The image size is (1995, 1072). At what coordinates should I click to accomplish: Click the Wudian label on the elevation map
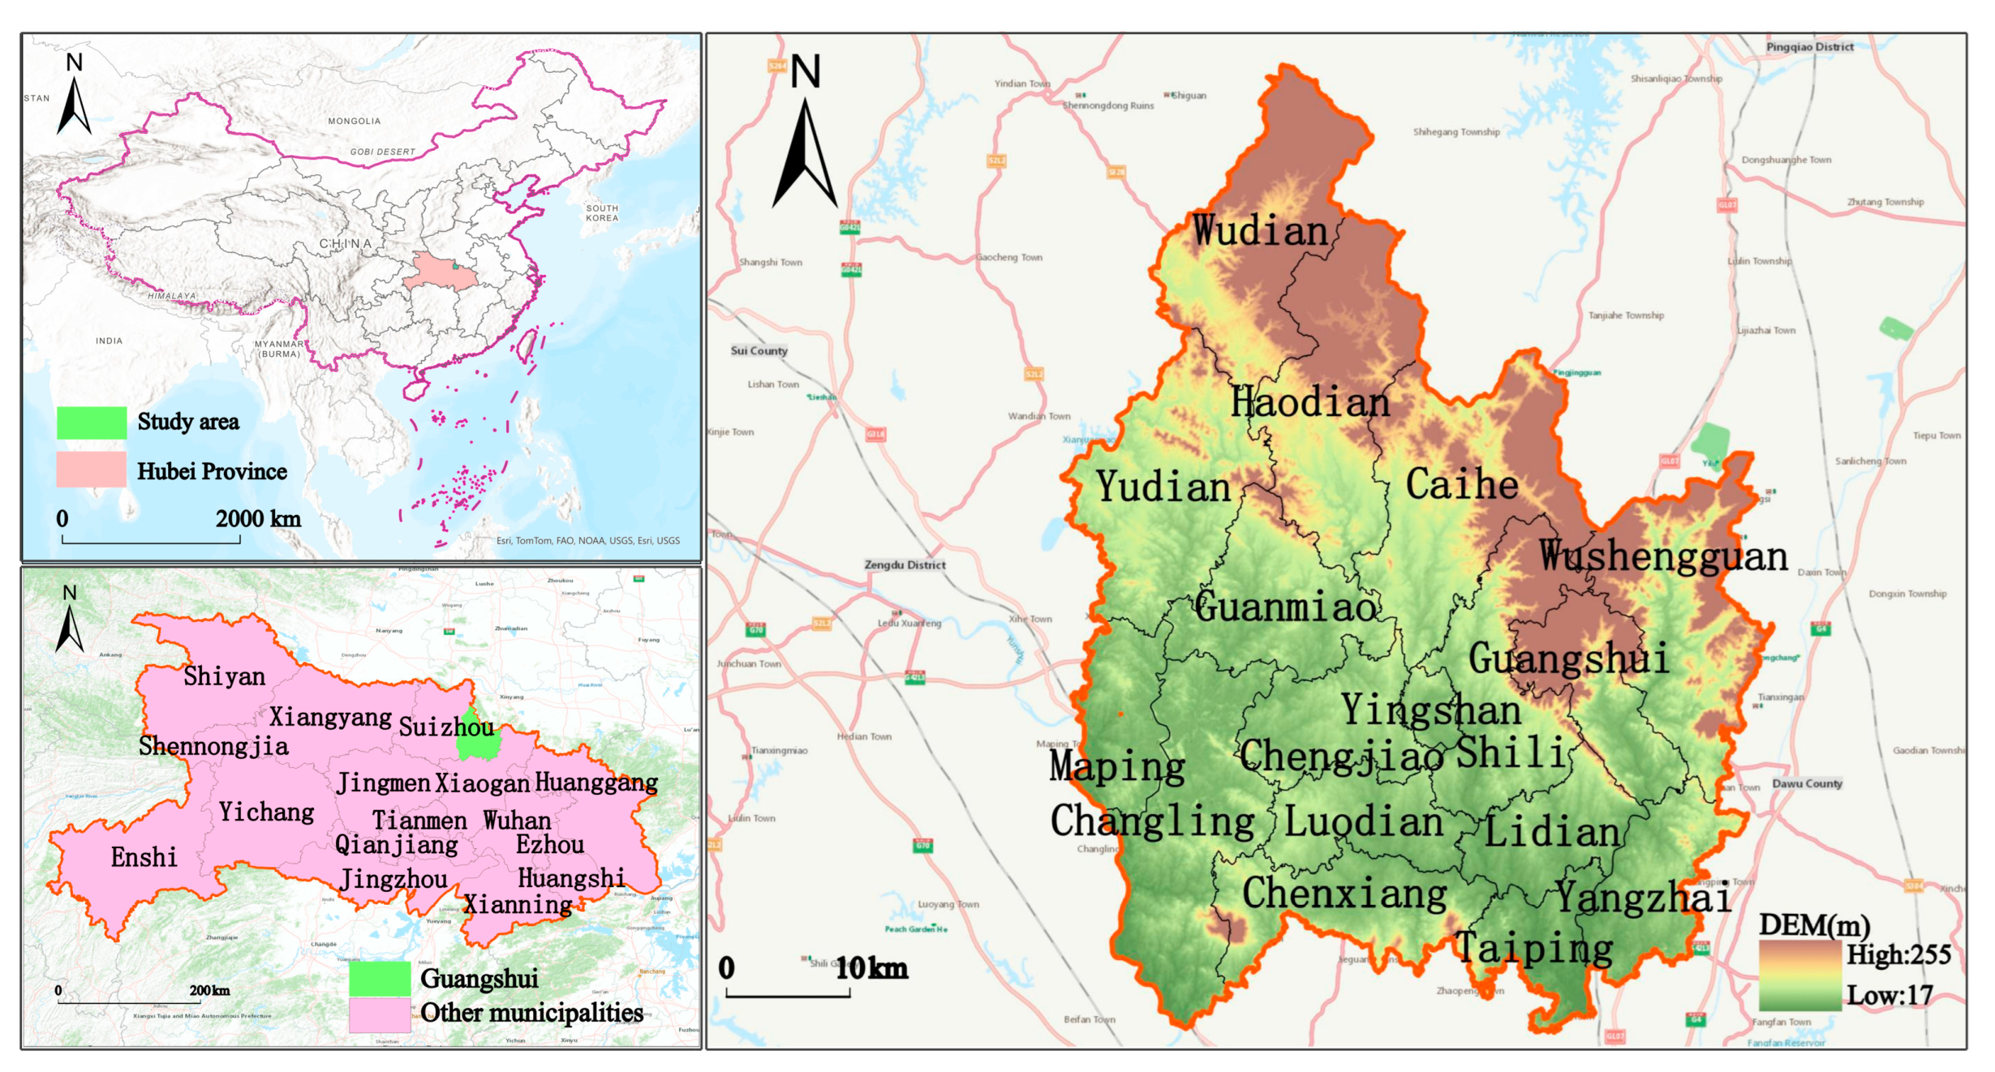click(x=1260, y=231)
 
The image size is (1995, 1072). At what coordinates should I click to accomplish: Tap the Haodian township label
click(x=1309, y=402)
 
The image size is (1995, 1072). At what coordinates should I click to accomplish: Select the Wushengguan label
click(x=1663, y=556)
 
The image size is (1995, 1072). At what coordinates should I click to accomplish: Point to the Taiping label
click(x=1533, y=948)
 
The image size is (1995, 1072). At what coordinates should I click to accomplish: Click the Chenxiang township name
click(x=1344, y=894)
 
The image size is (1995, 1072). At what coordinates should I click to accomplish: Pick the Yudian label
click(x=1163, y=487)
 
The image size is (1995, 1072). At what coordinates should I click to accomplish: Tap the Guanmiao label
click(x=1286, y=607)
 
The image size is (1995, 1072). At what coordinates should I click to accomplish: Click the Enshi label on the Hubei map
click(x=144, y=857)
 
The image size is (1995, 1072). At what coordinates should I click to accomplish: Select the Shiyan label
click(x=224, y=676)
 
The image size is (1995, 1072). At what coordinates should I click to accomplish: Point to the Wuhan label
click(x=517, y=821)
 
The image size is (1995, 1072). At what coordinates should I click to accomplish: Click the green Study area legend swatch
click(x=92, y=422)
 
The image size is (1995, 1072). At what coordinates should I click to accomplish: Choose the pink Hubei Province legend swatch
click(x=92, y=470)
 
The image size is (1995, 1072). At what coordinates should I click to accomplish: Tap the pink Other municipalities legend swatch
click(x=380, y=1014)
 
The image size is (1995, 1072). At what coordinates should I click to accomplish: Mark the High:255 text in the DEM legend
click(x=1898, y=955)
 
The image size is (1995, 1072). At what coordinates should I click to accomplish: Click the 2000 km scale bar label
click(x=258, y=519)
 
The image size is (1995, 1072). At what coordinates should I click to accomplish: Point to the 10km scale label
click(x=871, y=968)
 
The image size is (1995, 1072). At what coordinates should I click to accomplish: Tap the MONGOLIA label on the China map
click(x=354, y=121)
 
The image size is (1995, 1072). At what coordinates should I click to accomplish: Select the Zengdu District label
click(x=905, y=565)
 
